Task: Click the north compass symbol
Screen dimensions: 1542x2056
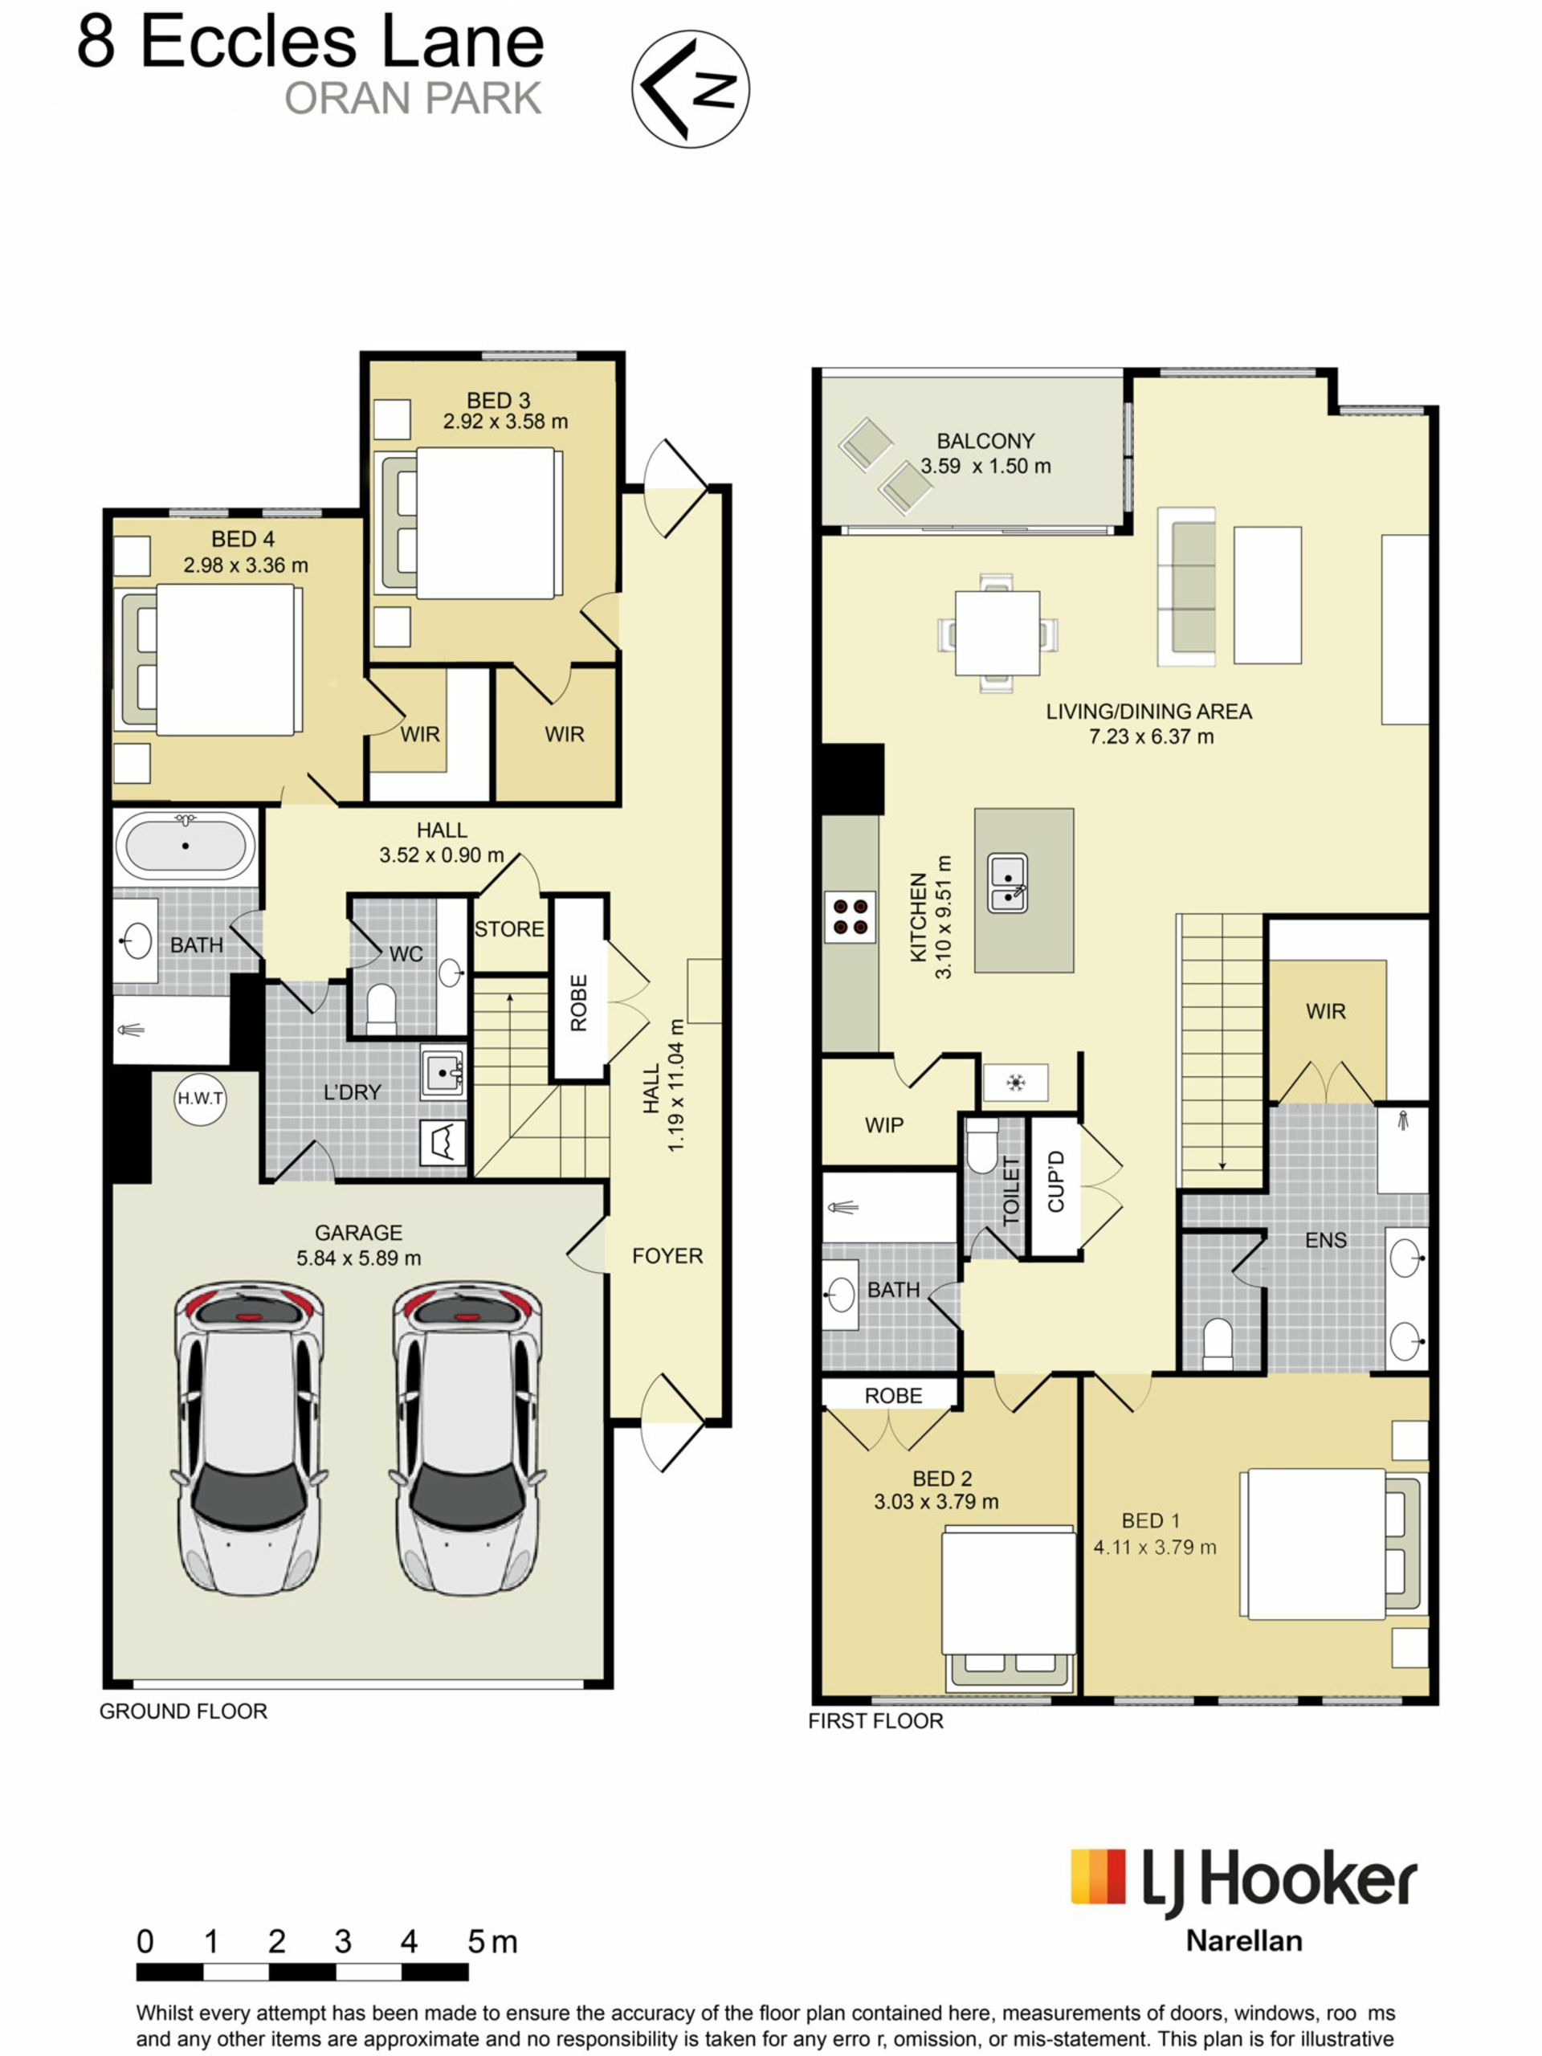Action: [690, 88]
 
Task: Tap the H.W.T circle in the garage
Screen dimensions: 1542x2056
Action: [201, 1099]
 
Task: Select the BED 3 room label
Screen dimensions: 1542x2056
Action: [498, 400]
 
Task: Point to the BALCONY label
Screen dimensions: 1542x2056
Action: [985, 441]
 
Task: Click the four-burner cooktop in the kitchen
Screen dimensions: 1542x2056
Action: [851, 916]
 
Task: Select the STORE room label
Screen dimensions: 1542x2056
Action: [509, 928]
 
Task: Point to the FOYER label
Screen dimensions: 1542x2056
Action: [667, 1256]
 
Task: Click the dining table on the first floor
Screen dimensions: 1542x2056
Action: [997, 633]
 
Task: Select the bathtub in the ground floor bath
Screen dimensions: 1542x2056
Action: [186, 846]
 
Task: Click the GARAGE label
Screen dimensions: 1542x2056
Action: [359, 1233]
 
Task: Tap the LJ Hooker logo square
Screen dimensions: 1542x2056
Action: [1098, 1877]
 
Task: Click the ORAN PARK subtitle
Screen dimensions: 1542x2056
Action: [413, 99]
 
